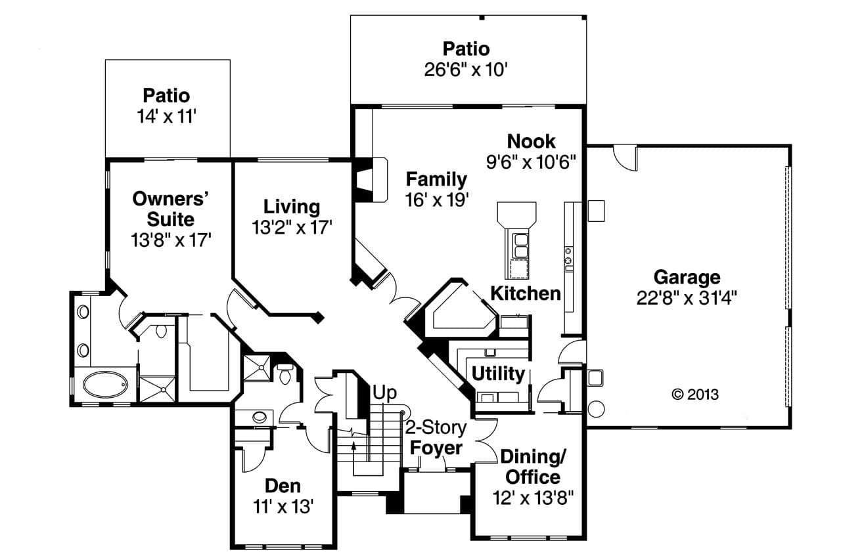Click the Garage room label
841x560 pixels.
[687, 277]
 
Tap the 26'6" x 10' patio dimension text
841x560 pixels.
[466, 70]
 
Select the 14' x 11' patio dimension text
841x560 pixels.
[167, 116]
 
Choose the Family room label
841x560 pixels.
[436, 179]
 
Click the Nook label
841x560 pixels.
[531, 141]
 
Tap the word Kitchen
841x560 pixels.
[526, 293]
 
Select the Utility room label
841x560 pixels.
[498, 374]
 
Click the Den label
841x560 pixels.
[283, 486]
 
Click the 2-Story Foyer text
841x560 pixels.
[435, 438]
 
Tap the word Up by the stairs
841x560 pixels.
[385, 393]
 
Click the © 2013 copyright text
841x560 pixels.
[695, 395]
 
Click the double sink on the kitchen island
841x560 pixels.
[520, 244]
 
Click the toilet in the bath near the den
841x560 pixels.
[285, 376]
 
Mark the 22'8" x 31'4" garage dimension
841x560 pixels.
[687, 297]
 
